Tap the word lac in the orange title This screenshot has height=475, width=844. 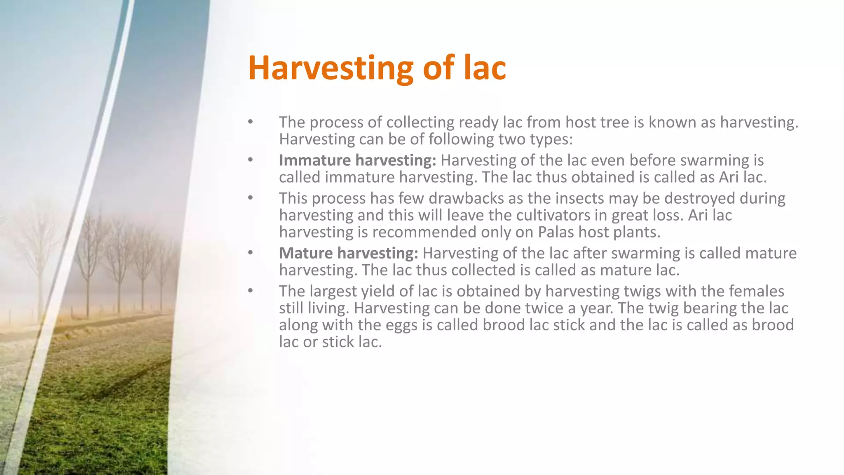point(485,68)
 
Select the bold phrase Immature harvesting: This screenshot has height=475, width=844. point(357,160)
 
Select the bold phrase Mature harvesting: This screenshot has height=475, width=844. point(348,253)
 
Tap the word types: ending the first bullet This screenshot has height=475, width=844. point(551,139)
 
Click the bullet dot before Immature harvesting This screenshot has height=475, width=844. point(250,160)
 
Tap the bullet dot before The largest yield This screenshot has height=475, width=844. point(250,291)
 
